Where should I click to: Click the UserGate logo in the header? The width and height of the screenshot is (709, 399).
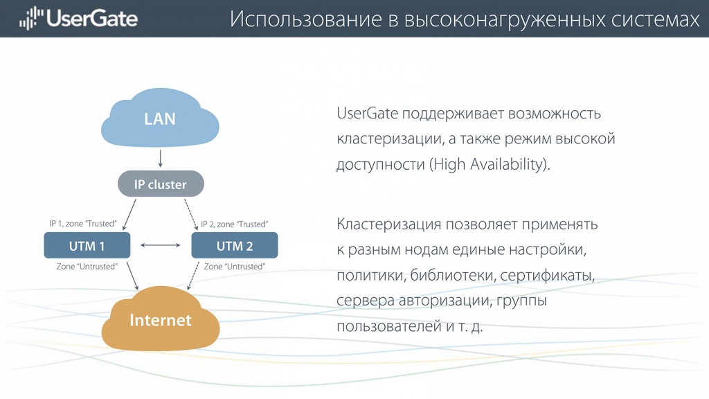tap(78, 19)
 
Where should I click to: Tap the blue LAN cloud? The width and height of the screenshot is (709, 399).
tap(160, 118)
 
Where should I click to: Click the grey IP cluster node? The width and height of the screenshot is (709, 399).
tap(161, 184)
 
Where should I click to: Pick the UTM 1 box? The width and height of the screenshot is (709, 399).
tap(87, 245)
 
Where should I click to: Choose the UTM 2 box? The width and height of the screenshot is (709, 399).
tap(235, 245)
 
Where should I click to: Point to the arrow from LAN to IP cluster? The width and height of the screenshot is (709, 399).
tap(160, 159)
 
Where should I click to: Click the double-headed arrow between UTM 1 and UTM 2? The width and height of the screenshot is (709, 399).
tap(161, 245)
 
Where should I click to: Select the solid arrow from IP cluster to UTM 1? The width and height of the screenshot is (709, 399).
tap(129, 215)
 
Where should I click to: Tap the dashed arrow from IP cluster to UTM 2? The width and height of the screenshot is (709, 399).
tap(191, 215)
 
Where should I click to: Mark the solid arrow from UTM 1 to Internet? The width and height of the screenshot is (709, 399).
tap(132, 276)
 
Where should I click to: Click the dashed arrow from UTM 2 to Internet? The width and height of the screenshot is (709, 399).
tap(193, 276)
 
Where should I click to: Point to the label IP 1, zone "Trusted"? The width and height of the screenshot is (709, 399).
tap(83, 224)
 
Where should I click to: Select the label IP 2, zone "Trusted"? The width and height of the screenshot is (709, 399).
tap(234, 224)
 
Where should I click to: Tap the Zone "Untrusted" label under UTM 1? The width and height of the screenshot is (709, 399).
tap(87, 267)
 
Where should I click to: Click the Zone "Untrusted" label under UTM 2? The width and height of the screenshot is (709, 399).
tap(235, 267)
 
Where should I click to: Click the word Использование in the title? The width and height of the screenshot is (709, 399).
tap(306, 19)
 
